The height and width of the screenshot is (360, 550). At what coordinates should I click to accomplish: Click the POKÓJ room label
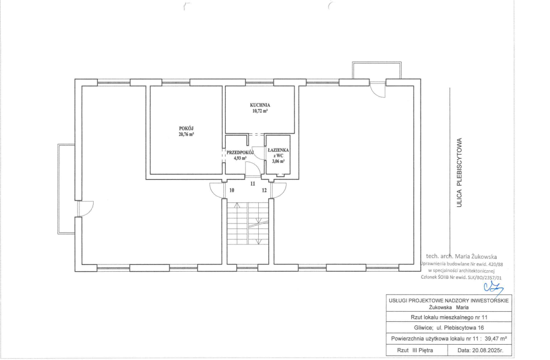point(186,128)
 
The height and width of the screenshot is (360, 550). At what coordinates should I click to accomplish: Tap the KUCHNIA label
point(260,105)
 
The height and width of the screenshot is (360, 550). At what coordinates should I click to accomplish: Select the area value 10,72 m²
point(260,111)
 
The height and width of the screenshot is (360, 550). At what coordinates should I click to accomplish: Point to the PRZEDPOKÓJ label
point(240,152)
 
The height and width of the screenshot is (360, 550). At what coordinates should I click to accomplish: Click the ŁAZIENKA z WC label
point(278,153)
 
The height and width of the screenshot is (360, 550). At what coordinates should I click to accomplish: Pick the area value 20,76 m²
point(186,134)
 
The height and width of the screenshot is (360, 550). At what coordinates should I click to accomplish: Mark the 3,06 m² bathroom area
point(278,161)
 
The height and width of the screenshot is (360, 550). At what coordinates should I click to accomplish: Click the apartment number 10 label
point(232,190)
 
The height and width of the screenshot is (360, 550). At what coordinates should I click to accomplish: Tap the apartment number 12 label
point(264,190)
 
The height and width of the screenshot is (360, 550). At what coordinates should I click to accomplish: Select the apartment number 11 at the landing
point(253,183)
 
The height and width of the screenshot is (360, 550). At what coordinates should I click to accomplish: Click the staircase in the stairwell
point(248,223)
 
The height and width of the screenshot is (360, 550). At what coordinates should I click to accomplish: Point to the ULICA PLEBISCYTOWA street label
point(459,172)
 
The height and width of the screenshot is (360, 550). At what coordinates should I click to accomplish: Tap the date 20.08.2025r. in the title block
point(480,350)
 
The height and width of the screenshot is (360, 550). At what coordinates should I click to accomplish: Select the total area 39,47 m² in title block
point(496,339)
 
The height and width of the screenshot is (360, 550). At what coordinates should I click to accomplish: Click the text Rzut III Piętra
point(415,350)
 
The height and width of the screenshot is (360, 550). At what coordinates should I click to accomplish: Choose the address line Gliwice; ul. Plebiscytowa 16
point(449,328)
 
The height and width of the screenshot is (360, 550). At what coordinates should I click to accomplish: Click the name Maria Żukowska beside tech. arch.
point(478,256)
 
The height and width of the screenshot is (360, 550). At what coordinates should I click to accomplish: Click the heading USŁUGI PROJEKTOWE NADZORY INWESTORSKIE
point(449,300)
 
